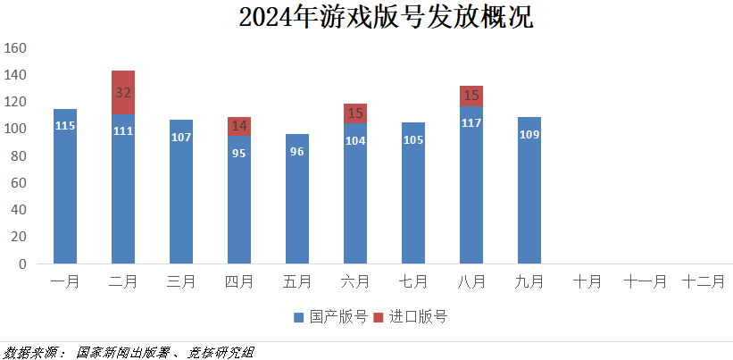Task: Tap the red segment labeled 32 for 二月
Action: [123, 92]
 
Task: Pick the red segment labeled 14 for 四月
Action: [239, 126]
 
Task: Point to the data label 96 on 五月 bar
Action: [297, 151]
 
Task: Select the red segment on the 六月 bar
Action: [355, 113]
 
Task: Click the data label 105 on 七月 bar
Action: [413, 139]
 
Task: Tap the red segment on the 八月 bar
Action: [471, 95]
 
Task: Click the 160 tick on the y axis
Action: [17, 47]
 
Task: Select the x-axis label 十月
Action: [587, 282]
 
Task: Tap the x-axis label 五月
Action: [297, 282]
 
